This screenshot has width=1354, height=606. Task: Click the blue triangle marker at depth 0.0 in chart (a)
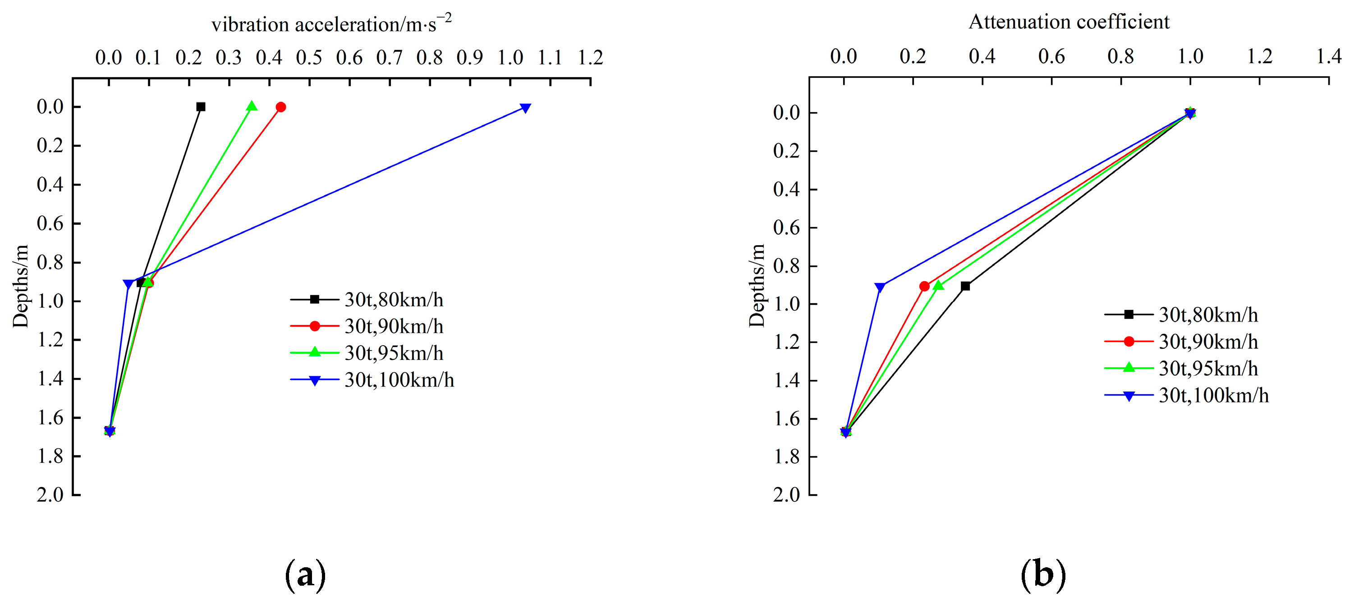(525, 108)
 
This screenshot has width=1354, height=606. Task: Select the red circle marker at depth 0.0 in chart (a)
(281, 107)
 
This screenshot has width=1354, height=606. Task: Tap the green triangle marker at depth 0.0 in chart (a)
(252, 106)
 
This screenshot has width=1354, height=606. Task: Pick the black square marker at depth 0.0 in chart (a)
(201, 107)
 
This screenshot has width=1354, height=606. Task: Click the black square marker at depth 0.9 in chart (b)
(965, 286)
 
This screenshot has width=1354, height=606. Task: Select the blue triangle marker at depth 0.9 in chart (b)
(880, 287)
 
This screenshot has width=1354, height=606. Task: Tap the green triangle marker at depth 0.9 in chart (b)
(938, 286)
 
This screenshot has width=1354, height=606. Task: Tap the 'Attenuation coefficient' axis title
(1069, 22)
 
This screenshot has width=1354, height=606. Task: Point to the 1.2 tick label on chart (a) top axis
(590, 57)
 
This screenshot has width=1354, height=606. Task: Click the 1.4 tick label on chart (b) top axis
(1329, 56)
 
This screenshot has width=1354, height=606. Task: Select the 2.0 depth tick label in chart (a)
(50, 494)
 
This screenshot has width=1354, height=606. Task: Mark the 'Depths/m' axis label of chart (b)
(757, 286)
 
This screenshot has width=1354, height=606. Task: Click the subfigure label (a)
(305, 575)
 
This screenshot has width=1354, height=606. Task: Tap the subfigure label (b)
(1043, 575)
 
